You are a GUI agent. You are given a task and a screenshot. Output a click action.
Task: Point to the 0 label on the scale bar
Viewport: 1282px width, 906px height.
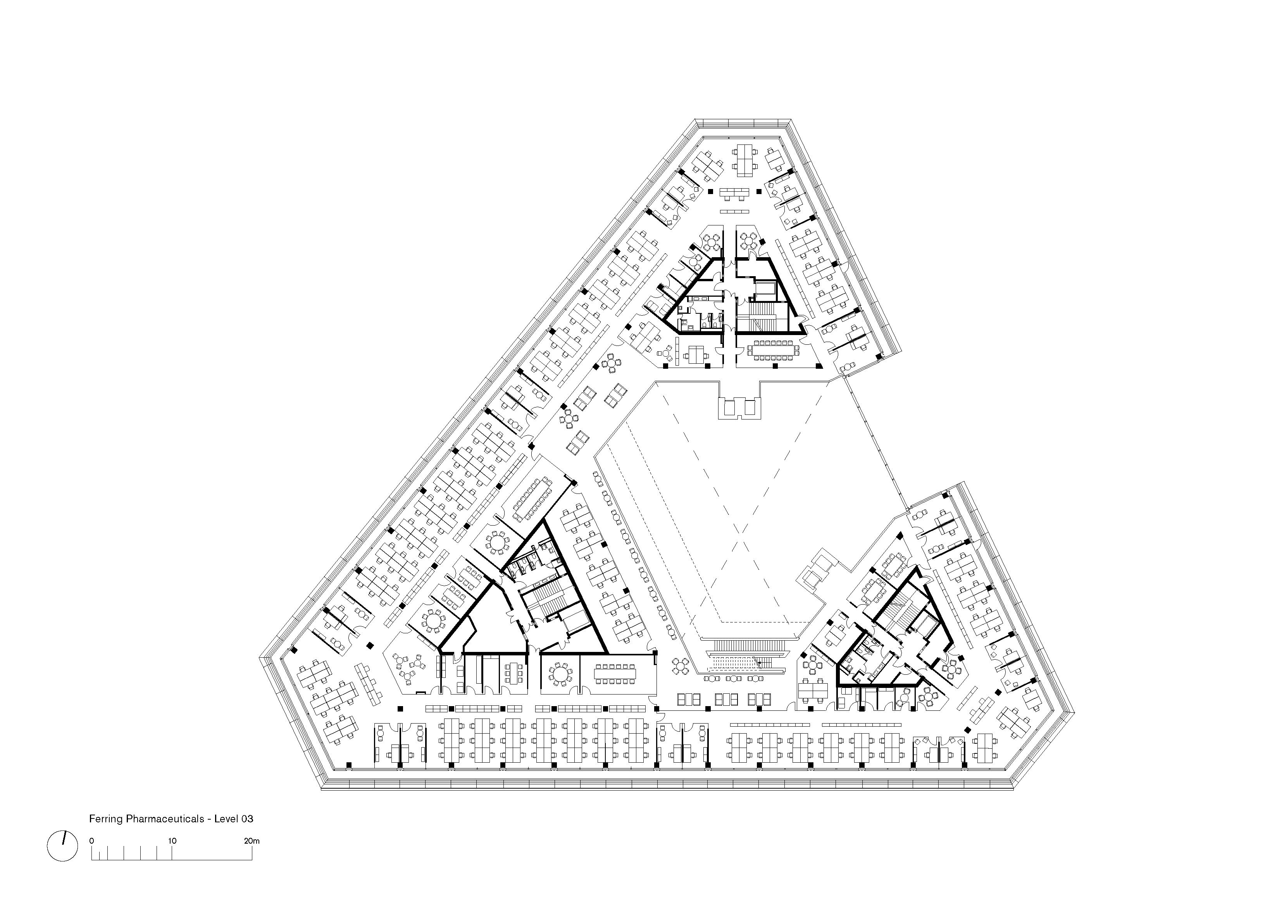click(x=91, y=841)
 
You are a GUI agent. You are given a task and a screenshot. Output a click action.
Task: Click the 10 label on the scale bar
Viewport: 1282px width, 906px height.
click(x=172, y=841)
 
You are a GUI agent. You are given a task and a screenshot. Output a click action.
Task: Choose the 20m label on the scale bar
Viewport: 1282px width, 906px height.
click(x=252, y=841)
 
